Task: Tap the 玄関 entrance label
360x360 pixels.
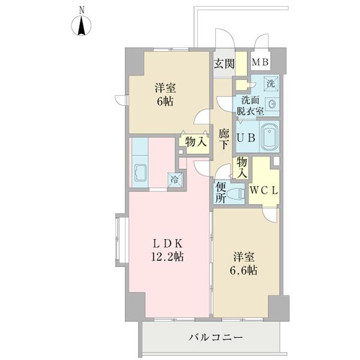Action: (x=224, y=64)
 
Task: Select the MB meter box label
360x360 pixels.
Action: (x=260, y=62)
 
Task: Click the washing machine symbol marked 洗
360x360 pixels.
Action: (x=271, y=83)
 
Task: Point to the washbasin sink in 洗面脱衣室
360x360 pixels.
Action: (x=272, y=104)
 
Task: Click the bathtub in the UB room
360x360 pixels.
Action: (x=269, y=137)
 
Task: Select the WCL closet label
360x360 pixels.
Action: (x=264, y=190)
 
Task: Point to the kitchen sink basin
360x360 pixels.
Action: (x=140, y=173)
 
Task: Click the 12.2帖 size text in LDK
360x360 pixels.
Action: (x=167, y=256)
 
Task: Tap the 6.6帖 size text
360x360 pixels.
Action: (x=244, y=271)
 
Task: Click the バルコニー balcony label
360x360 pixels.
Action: (x=215, y=337)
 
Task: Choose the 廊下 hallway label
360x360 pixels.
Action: (x=223, y=139)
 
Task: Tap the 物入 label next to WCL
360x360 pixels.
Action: (x=242, y=168)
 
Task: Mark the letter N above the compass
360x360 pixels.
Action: (x=82, y=10)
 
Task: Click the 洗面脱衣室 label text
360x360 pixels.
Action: (x=250, y=106)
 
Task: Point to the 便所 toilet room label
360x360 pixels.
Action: (x=221, y=193)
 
